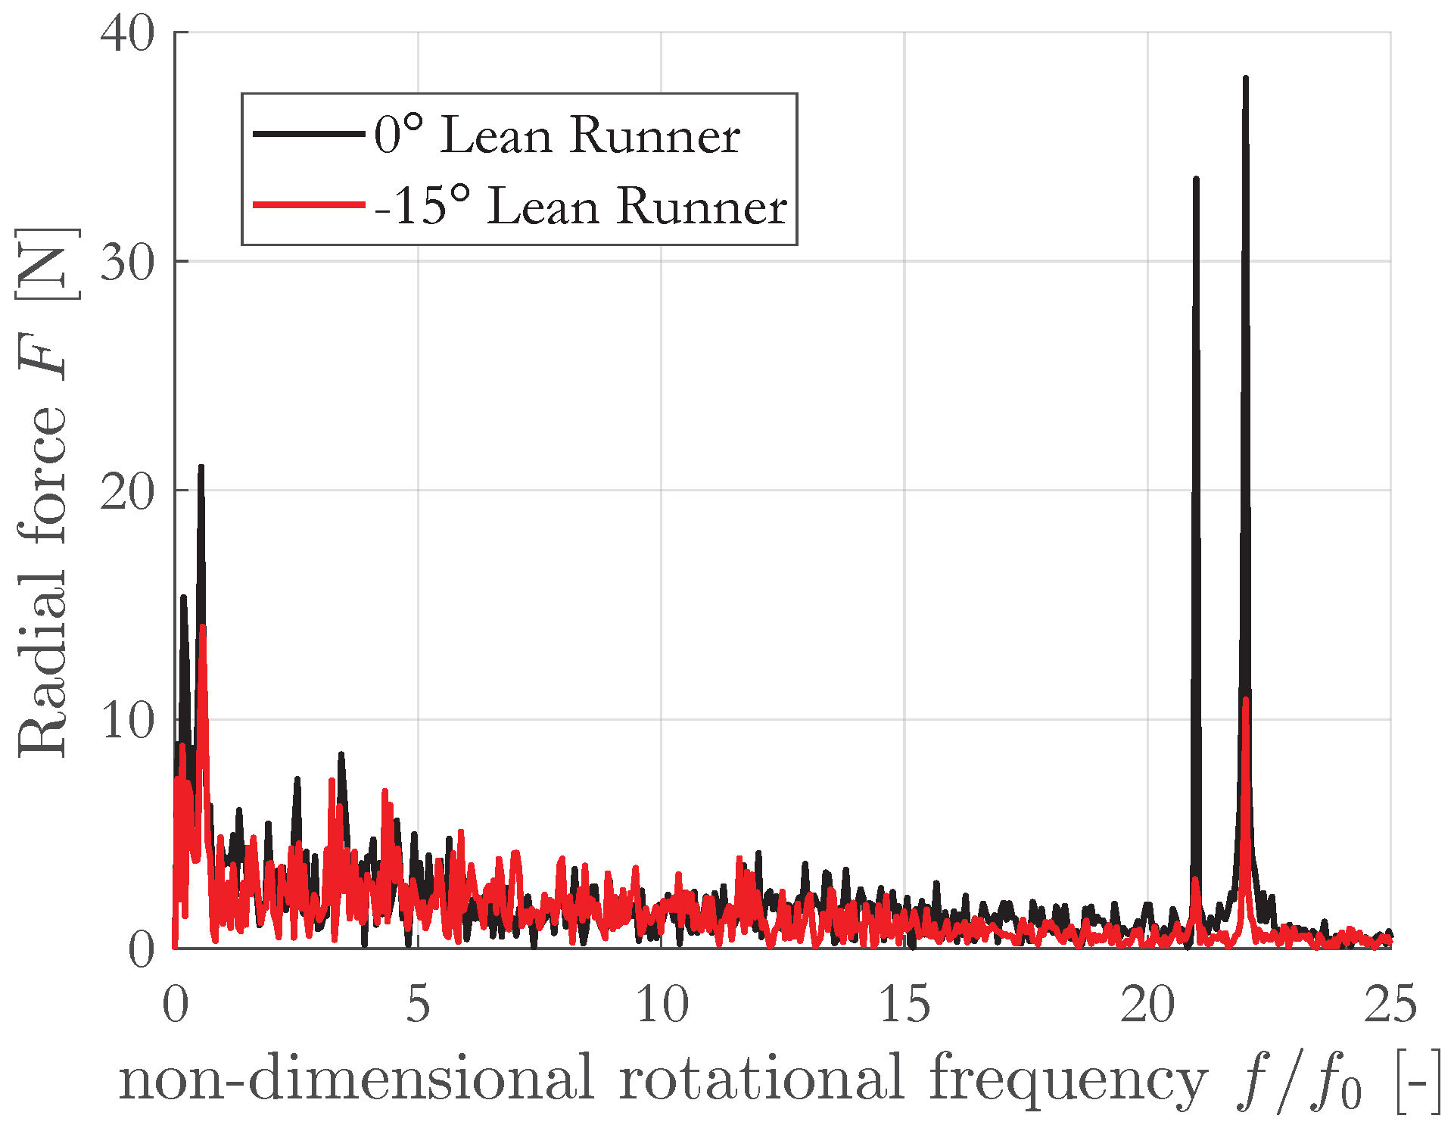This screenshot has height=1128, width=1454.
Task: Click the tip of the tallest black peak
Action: (1245, 77)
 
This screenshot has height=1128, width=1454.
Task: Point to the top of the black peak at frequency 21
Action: (1196, 179)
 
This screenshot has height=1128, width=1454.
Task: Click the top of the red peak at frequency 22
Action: (1245, 699)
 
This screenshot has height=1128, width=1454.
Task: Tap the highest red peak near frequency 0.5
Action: (202, 626)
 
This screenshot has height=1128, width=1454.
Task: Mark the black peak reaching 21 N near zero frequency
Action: (201, 466)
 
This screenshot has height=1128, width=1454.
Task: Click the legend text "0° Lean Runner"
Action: (557, 136)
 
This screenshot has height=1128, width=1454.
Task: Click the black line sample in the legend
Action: (309, 134)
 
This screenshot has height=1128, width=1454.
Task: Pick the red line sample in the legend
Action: (309, 204)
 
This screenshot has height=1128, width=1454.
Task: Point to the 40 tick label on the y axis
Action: (127, 34)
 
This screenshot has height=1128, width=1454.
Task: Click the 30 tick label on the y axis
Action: (127, 263)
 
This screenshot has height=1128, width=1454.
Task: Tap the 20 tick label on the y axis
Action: (127, 492)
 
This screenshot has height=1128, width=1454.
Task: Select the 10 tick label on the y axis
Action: (127, 721)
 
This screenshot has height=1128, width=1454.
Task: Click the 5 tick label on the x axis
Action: (418, 1005)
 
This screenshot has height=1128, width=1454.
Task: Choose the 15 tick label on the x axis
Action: (904, 1005)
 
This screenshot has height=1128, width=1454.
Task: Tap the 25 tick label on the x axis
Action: (1390, 1005)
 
